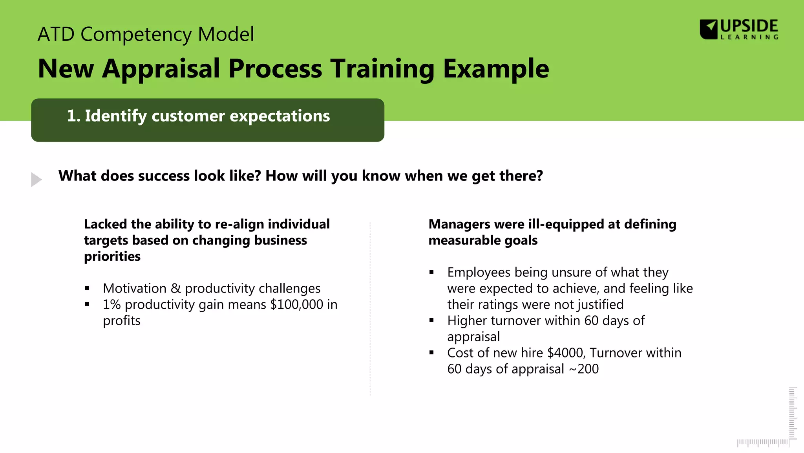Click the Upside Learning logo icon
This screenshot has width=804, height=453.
[x=709, y=29]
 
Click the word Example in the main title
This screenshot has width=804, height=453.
[x=496, y=69]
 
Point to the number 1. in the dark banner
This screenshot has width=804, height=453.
[x=73, y=116]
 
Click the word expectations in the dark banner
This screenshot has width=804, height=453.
[x=280, y=116]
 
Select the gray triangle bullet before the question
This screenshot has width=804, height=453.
[x=36, y=179]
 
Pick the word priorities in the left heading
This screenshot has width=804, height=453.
[x=112, y=256]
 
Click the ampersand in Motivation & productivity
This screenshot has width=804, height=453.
[x=175, y=289]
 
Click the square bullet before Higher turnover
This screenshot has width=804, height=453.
[x=431, y=320]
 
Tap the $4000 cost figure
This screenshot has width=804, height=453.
[x=565, y=353]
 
